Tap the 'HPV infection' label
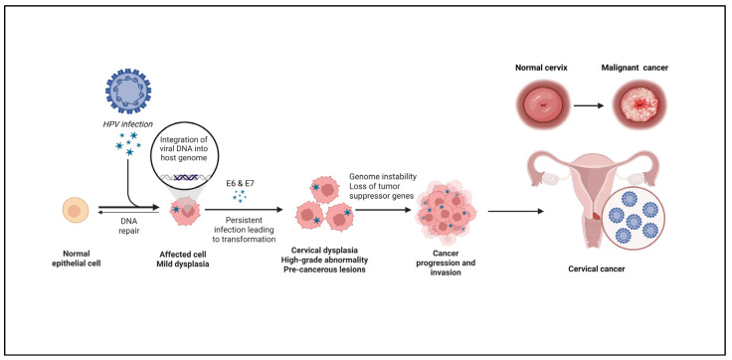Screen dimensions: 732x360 coord(129,123)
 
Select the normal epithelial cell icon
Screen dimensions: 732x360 coord(76,210)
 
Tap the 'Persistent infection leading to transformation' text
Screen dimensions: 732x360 coord(244,230)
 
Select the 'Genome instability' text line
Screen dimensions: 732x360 coord(383,176)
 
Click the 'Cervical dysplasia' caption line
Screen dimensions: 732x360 coord(324,251)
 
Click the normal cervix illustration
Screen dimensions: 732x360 coord(542,106)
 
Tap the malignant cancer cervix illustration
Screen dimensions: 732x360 coord(640,106)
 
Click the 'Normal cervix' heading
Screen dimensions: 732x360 coord(541,68)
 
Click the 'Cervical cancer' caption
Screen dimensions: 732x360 coord(597,269)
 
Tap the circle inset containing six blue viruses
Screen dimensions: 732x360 coord(635,220)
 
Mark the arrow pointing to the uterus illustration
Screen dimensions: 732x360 coord(516,211)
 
